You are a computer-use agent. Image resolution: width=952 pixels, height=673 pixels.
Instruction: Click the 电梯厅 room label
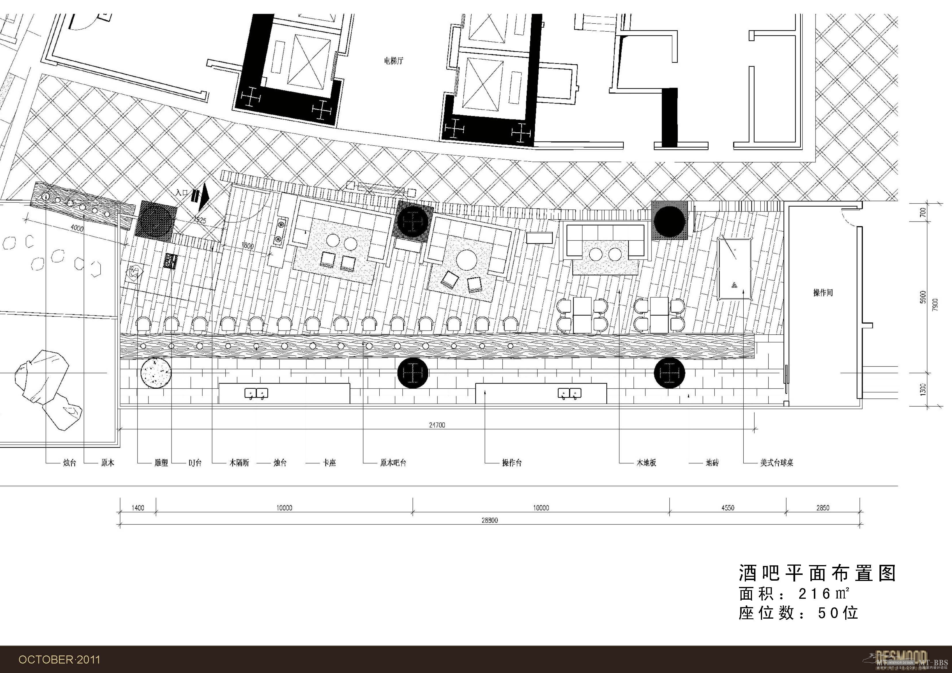tap(393, 61)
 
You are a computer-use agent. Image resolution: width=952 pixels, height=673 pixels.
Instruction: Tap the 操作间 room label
tap(822, 293)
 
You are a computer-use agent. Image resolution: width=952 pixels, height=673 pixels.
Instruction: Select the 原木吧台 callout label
tap(393, 463)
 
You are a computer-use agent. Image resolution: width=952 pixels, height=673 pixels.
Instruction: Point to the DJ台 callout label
tap(195, 463)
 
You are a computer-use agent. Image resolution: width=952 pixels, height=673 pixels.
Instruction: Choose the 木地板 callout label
tap(646, 463)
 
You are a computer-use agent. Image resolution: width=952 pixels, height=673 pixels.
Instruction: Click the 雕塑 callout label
tap(161, 463)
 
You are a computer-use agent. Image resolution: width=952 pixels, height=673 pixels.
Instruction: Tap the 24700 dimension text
tap(437, 425)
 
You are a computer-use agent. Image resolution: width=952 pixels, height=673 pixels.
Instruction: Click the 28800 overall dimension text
tap(490, 521)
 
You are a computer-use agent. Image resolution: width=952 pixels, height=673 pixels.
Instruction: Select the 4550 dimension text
tap(728, 508)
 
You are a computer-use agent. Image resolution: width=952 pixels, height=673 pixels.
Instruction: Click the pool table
tap(735, 268)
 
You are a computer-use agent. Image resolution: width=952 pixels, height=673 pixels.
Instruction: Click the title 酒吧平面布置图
tap(818, 573)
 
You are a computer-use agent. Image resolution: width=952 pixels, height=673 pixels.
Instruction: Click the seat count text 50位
tap(837, 613)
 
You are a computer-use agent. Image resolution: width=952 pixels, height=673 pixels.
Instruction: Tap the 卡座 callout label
tap(329, 463)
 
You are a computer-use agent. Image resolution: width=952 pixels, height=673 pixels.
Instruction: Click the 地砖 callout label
tap(712, 463)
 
